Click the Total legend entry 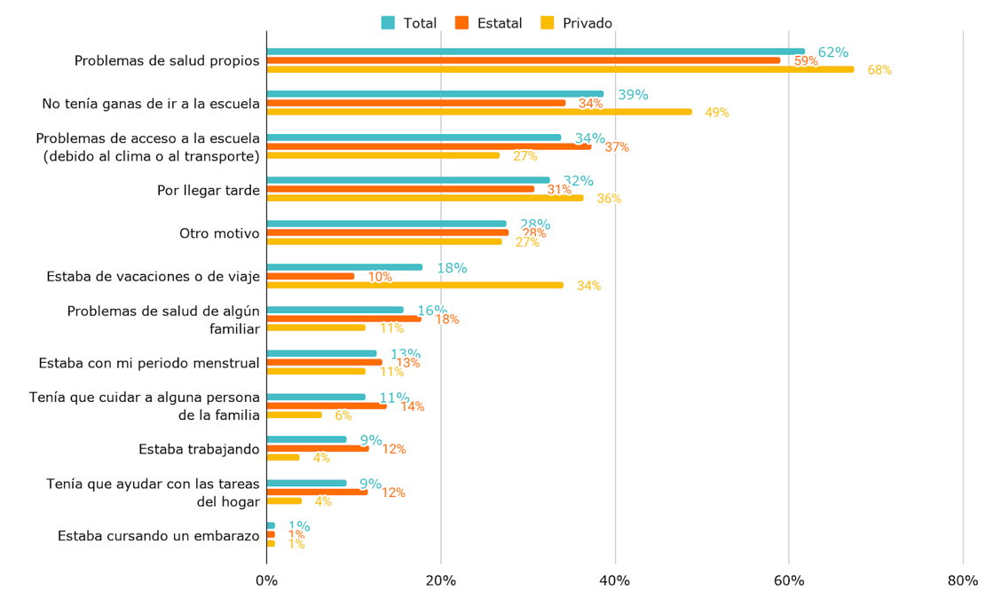tap(409, 23)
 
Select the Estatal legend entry tap(489, 23)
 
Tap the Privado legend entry tap(576, 23)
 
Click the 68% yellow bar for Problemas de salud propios tap(560, 69)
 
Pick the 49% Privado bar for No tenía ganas tap(479, 112)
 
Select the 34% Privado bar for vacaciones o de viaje tap(414, 285)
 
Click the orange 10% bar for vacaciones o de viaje tap(311, 276)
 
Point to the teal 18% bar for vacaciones tap(344, 267)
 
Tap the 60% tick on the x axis tap(789, 581)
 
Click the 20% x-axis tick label tap(441, 581)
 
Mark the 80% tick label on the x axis tap(963, 581)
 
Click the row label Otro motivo tap(219, 233)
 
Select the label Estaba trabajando tap(199, 449)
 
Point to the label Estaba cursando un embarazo tap(158, 535)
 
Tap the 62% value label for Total tap(833, 52)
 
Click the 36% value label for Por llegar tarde tap(609, 199)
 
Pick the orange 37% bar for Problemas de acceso tap(429, 146)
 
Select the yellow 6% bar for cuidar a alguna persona tap(294, 414)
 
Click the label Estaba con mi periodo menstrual tap(149, 363)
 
